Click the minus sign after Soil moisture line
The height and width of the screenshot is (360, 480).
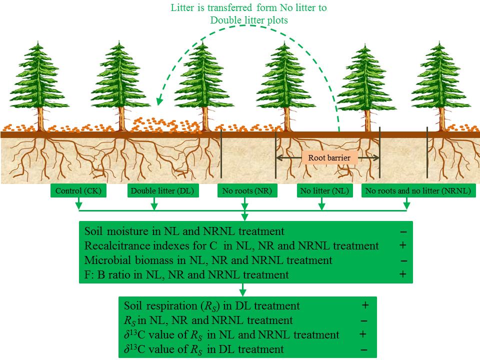click(x=403, y=232)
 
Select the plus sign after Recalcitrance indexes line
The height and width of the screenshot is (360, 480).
click(x=403, y=245)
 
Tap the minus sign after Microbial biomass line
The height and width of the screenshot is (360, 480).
click(x=403, y=260)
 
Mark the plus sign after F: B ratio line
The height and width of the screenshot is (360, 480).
click(x=403, y=274)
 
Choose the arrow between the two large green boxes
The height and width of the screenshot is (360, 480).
click(x=242, y=289)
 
